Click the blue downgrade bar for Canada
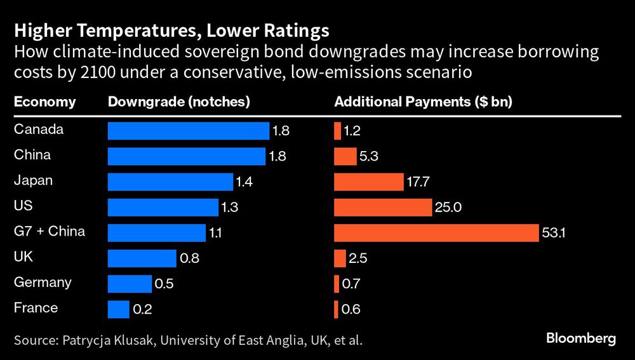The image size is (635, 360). [189, 131]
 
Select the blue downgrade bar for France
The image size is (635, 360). [119, 309]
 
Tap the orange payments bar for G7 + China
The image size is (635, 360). [436, 233]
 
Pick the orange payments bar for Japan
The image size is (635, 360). [368, 182]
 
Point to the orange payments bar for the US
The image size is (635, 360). [383, 208]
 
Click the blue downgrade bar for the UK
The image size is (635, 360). [142, 258]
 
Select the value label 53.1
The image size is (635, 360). [554, 233]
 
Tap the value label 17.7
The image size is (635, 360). [419, 182]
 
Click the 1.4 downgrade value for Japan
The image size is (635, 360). [244, 182]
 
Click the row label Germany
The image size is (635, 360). [43, 283]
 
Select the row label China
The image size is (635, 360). [32, 155]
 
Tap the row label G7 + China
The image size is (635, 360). [49, 231]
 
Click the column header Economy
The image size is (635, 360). [44, 102]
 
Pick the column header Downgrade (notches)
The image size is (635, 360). [179, 102]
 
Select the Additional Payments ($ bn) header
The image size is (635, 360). [423, 102]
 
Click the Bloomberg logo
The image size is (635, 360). [581, 338]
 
